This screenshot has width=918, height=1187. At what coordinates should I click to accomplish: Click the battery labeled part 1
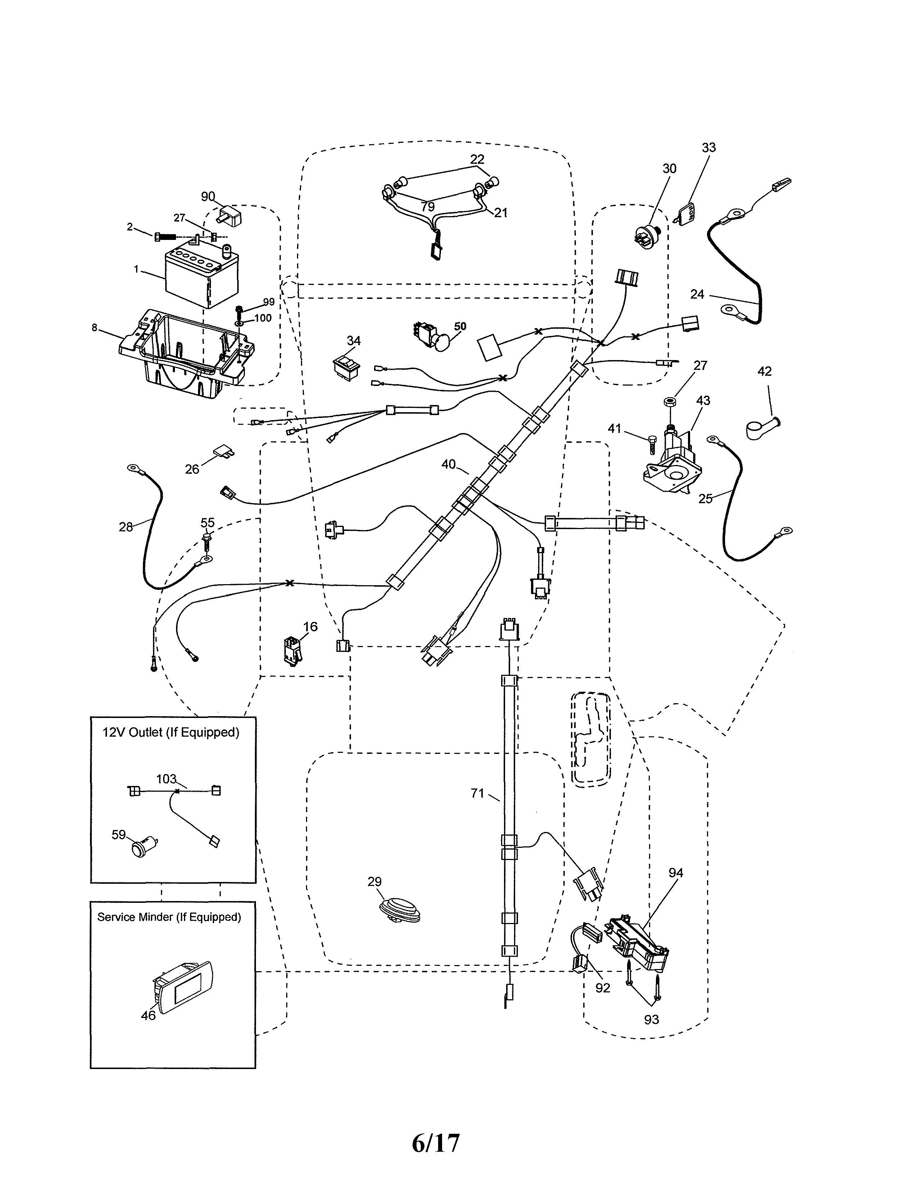tap(201, 278)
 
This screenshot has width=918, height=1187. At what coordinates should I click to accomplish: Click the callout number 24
tap(697, 294)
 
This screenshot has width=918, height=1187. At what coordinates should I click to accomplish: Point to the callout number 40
tap(448, 464)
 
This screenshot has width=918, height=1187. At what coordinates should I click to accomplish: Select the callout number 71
tap(477, 793)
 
